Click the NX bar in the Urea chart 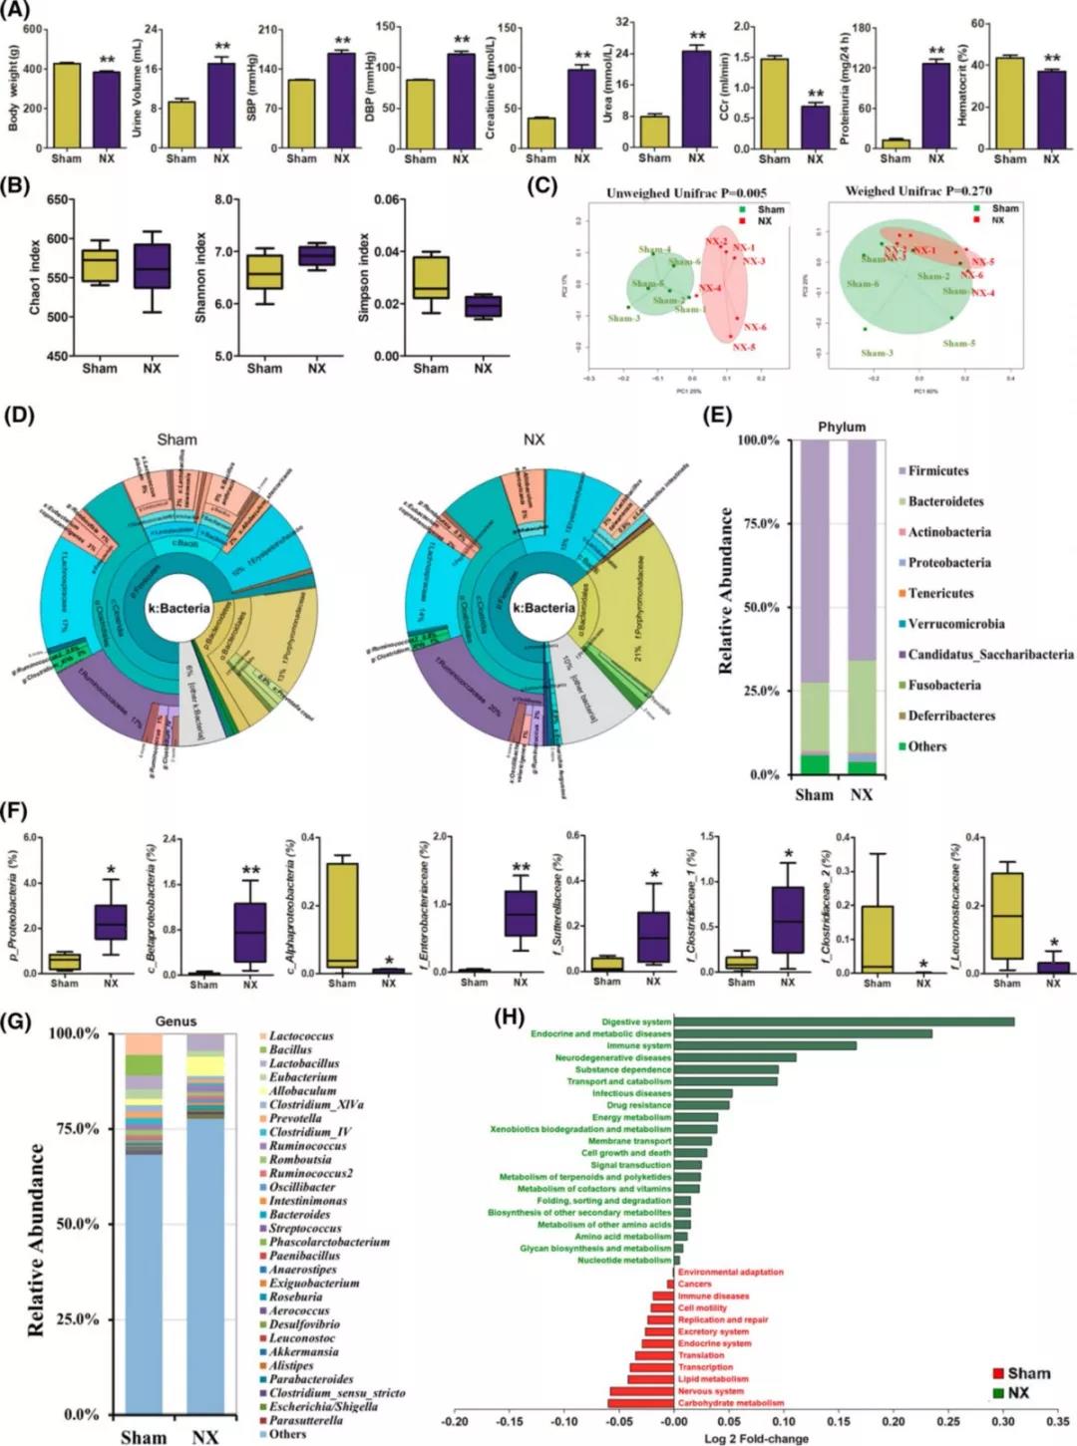click(696, 99)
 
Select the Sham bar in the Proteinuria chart click(896, 144)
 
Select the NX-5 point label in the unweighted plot click(744, 347)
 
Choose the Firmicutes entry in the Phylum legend click(937, 470)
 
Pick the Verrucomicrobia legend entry click(955, 624)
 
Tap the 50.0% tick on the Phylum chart click(757, 607)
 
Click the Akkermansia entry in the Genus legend click(303, 1352)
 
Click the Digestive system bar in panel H click(844, 1021)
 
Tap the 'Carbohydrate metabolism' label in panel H click(730, 1403)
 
